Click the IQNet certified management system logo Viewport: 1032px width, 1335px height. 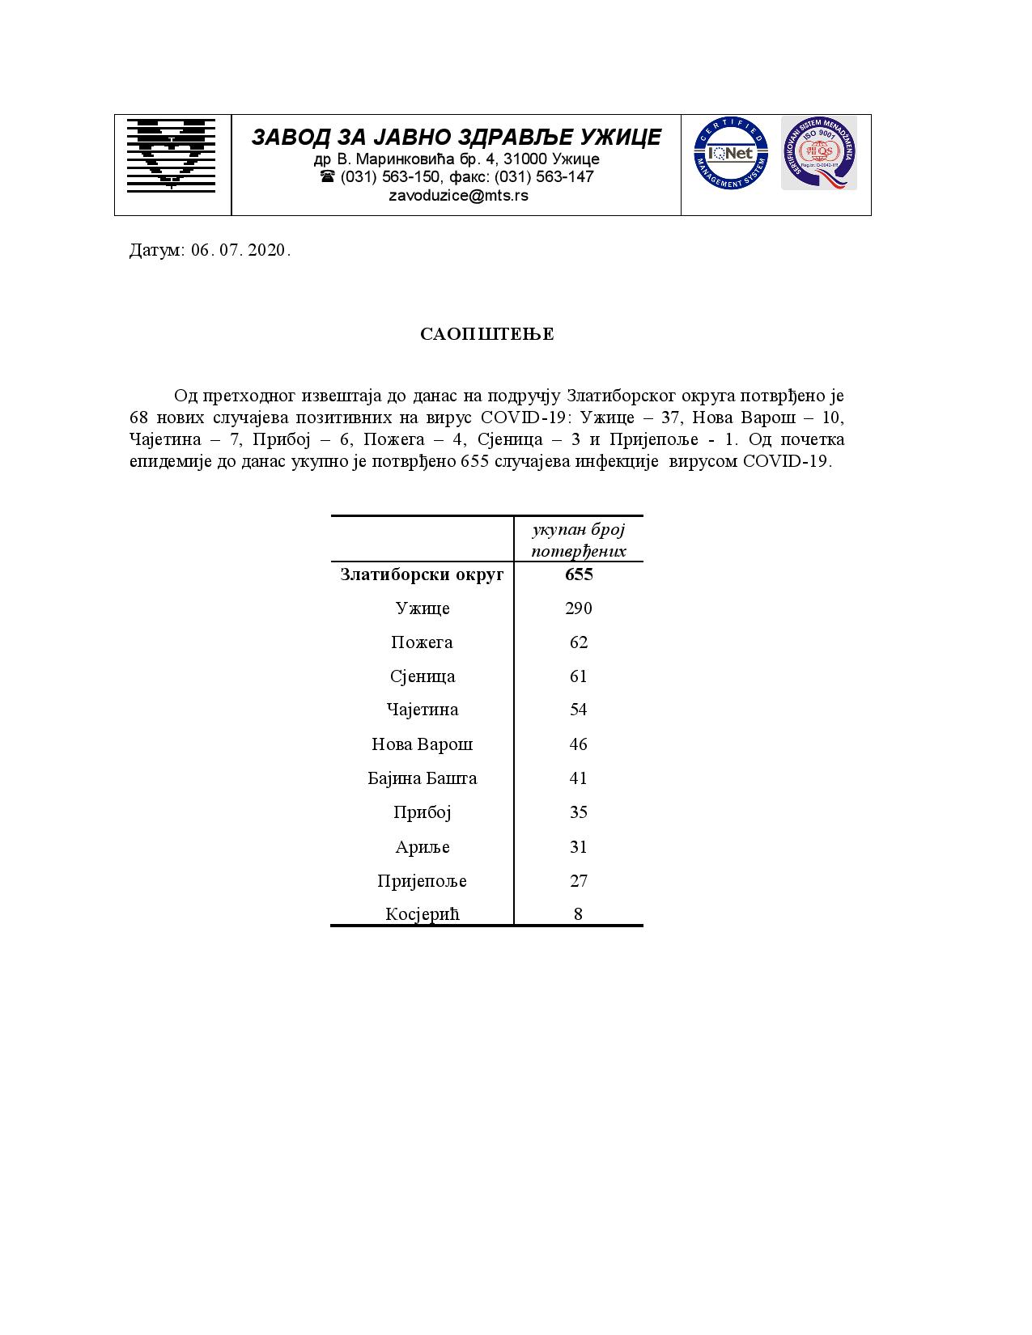pos(730,154)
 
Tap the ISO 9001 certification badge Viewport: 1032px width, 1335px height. pos(818,153)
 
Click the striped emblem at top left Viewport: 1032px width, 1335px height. pos(171,155)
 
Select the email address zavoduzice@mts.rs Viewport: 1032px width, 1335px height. pos(458,196)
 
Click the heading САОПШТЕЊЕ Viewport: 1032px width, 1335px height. pos(487,335)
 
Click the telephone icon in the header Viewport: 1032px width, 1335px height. pos(328,176)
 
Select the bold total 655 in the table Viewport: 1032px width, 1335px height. pos(579,574)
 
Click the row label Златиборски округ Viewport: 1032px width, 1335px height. pos(422,574)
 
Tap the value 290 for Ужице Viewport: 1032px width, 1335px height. pos(579,608)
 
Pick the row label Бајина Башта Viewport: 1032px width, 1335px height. pos(422,778)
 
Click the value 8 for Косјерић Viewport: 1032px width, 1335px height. pos(578,914)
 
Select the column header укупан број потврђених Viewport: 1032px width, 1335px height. pos(579,540)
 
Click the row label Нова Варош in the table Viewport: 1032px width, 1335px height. pos(422,744)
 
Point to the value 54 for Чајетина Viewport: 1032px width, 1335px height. pos(578,710)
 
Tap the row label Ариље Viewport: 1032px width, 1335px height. pos(422,847)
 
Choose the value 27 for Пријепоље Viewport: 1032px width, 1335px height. pos(578,881)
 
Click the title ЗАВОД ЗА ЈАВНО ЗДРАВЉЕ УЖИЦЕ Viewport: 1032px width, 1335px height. pos(457,138)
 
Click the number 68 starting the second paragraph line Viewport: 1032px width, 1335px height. pos(140,418)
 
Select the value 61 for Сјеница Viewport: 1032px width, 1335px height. pos(578,676)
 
